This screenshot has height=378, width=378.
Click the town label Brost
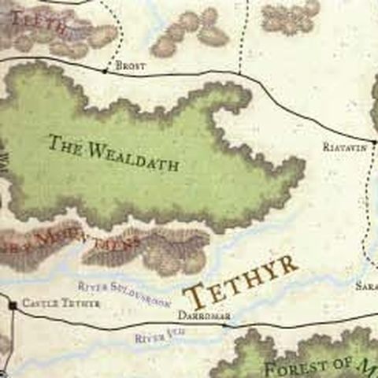(x=130, y=66)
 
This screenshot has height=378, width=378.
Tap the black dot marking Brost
(x=105, y=71)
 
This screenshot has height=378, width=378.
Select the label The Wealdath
(x=113, y=153)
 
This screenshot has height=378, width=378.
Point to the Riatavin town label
(x=346, y=147)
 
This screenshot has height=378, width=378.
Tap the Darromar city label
(x=204, y=315)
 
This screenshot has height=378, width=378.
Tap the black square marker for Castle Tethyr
(x=13, y=303)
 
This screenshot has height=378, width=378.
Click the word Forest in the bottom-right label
(x=295, y=368)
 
